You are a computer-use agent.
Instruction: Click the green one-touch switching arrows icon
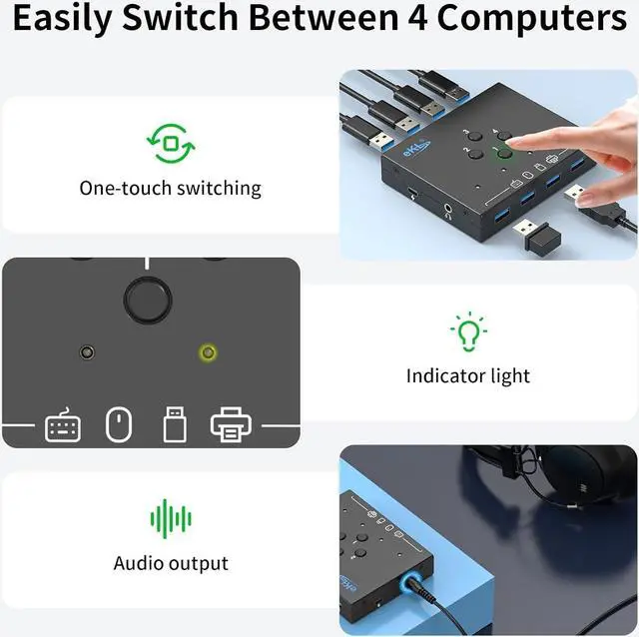[170, 144]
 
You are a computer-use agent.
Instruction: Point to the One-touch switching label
[170, 188]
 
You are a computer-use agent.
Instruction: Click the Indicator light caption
[467, 376]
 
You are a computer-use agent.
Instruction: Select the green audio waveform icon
[170, 518]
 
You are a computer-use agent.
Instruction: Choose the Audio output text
[170, 563]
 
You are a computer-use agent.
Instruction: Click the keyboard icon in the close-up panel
[63, 425]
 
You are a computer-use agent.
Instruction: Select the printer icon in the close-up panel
[231, 424]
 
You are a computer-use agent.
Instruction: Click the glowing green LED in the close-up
[208, 353]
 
